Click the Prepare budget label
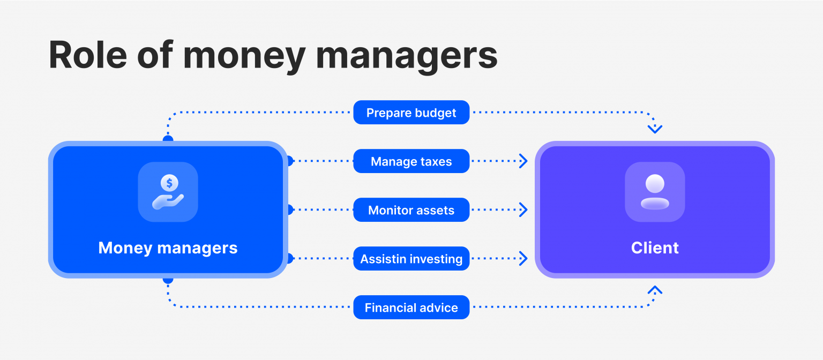(411, 112)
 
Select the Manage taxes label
(411, 161)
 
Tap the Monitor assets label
(411, 210)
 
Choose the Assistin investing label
(411, 259)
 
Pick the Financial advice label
(411, 307)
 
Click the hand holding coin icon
(168, 192)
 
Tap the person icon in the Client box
(655, 192)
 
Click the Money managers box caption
(168, 248)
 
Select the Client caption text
(655, 248)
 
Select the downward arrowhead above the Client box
(655, 129)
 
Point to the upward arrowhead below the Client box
(655, 290)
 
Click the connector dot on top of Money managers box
(168, 139)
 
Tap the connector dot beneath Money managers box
(168, 280)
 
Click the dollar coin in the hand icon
(169, 183)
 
